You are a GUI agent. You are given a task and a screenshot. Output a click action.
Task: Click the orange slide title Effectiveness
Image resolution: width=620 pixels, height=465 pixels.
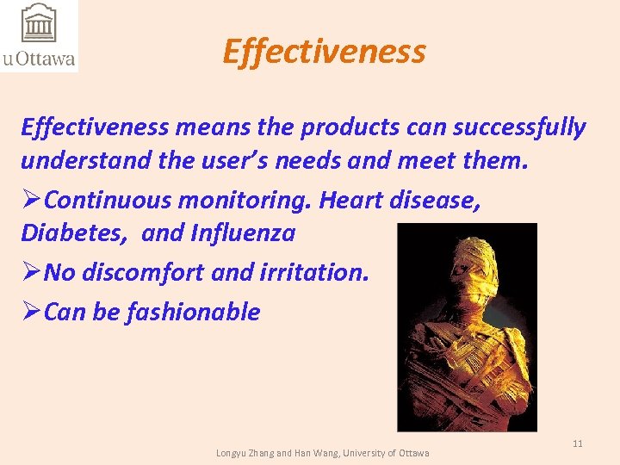324,52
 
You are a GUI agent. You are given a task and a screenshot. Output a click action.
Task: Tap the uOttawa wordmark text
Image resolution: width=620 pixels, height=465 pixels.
39,59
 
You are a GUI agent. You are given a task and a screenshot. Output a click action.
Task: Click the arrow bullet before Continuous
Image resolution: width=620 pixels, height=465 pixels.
31,200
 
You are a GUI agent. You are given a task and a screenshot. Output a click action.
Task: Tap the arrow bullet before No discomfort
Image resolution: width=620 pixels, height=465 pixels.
31,272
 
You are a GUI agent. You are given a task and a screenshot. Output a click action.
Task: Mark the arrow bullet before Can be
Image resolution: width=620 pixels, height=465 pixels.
31,311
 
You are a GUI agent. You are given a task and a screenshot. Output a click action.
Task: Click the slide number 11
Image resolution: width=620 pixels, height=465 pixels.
578,443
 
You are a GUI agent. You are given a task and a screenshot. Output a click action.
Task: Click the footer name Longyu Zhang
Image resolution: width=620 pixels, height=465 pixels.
244,453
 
